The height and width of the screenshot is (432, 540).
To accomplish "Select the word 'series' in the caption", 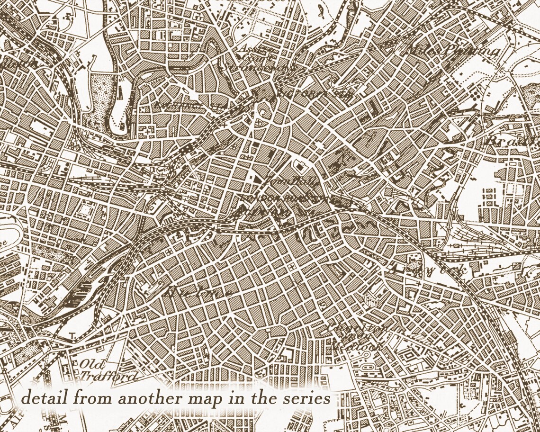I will (309, 398).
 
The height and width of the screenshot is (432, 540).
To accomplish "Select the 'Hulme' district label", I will (199, 290).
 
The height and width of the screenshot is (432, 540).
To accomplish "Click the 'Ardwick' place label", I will (429, 270).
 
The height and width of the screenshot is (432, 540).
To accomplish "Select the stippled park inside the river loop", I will (102, 92).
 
